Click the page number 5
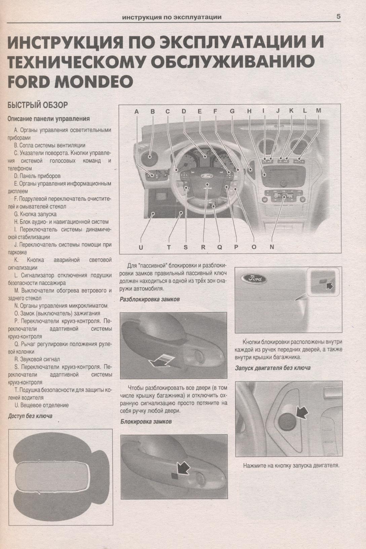338,17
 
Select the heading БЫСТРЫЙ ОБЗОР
37,105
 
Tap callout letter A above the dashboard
137,112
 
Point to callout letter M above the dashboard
318,111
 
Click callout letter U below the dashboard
141,248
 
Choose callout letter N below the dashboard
271,247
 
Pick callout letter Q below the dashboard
220,247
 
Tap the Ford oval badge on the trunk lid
254,279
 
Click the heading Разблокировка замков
150,299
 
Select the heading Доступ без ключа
30,416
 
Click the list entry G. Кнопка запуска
35,214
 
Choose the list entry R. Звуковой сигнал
37,359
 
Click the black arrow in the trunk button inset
329,285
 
